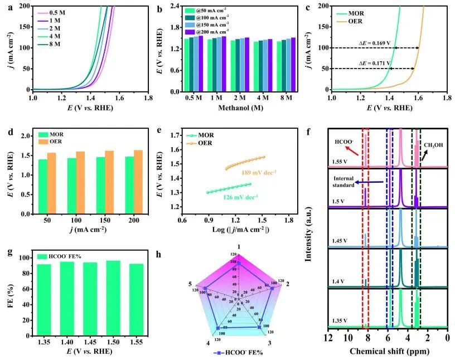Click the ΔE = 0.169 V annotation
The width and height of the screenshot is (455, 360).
[x=372, y=42]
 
